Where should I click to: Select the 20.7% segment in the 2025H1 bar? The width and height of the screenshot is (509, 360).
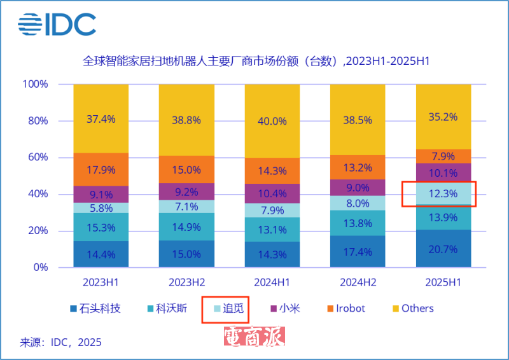pos(443,249)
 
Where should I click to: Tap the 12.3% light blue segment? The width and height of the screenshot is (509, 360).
pos(443,194)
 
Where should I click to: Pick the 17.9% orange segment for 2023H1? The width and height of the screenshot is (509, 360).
pos(101,169)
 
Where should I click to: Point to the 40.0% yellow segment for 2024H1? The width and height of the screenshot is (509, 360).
pos(272,121)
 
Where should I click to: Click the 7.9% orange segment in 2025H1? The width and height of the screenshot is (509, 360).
pos(443,156)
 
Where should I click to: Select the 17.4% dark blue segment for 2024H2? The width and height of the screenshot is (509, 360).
pos(358,252)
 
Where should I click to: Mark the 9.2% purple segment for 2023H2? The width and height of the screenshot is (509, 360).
pos(186,191)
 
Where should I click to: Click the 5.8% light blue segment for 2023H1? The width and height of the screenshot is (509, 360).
pos(101,208)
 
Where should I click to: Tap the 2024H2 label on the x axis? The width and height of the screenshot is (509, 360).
pos(358,282)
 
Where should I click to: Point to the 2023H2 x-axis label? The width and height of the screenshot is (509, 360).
pos(186,282)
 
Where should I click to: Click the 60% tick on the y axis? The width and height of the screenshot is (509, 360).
pos(36,158)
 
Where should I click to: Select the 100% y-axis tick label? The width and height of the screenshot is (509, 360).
pos(34,84)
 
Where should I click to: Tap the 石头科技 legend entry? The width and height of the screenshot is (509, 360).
pos(95,308)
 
